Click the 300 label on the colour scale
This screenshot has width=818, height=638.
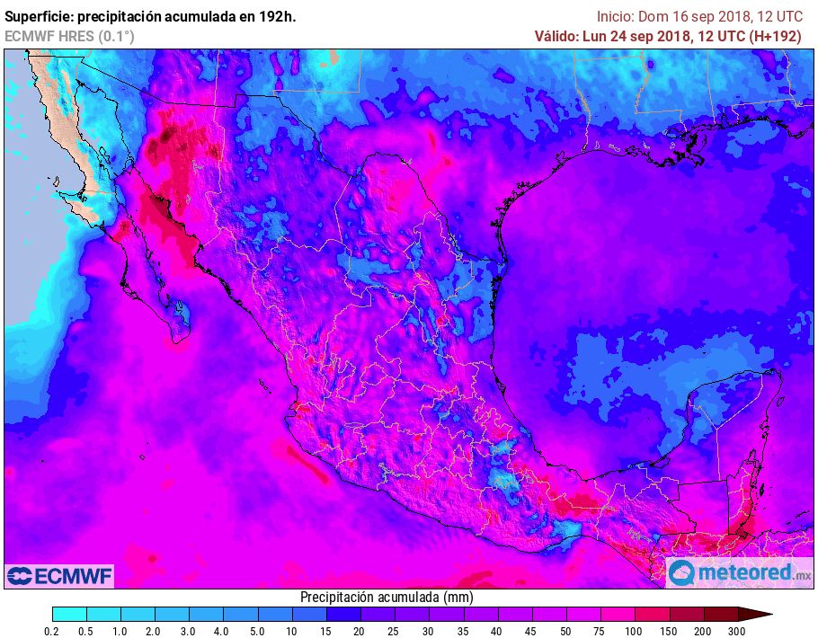(x=738, y=632)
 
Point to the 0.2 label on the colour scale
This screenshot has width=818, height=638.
(x=53, y=632)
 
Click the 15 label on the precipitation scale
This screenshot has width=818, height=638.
(x=325, y=632)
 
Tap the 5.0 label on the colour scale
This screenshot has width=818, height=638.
(x=257, y=632)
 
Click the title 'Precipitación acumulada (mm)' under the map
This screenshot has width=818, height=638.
(x=387, y=598)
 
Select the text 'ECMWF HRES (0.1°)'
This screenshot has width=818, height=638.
(x=69, y=36)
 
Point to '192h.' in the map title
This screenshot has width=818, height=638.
(x=276, y=16)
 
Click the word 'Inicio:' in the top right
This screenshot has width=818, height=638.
(x=616, y=16)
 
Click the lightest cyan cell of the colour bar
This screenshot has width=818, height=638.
(x=70, y=615)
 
